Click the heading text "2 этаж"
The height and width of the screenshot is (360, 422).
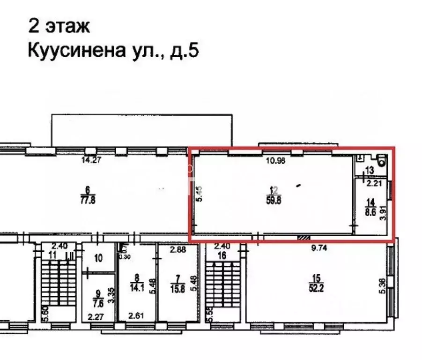pos(59,26)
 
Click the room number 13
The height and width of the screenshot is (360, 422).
pos(370,170)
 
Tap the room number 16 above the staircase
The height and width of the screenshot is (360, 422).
pos(223,255)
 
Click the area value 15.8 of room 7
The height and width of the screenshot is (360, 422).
pos(178,285)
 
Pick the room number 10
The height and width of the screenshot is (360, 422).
pos(98,258)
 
